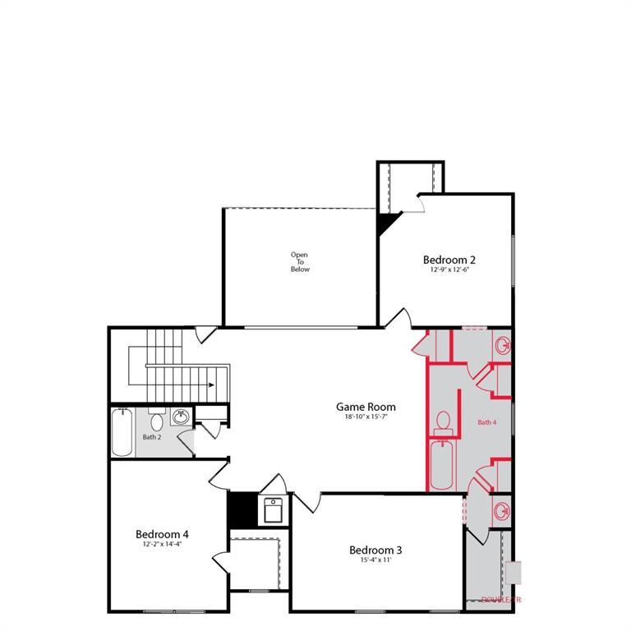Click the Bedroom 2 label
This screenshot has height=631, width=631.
pyautogui.click(x=449, y=260)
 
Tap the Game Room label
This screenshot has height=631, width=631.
pyautogui.click(x=366, y=407)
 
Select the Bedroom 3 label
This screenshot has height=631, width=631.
pyautogui.click(x=375, y=550)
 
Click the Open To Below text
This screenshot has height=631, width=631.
pyautogui.click(x=300, y=262)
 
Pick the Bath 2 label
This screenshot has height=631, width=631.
pyautogui.click(x=151, y=437)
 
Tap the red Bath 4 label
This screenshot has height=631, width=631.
pyautogui.click(x=487, y=422)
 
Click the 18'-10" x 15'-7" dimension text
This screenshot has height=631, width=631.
pyautogui.click(x=366, y=417)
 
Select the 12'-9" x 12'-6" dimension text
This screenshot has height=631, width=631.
pyautogui.click(x=449, y=269)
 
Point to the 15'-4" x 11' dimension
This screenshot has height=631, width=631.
pyautogui.click(x=375, y=560)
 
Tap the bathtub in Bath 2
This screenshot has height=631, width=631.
pyautogui.click(x=122, y=432)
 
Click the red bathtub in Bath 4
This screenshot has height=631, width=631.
pyautogui.click(x=441, y=464)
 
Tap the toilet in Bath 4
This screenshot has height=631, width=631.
pyautogui.click(x=443, y=421)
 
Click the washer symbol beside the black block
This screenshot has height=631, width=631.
pyautogui.click(x=272, y=510)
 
